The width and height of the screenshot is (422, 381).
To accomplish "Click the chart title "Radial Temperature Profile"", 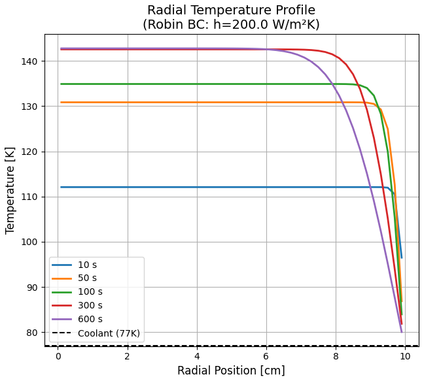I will [x=231, y=10].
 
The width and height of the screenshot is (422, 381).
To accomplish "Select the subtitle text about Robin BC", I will [x=231, y=25].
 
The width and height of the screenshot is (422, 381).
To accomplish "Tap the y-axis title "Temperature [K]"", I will [x=10, y=190].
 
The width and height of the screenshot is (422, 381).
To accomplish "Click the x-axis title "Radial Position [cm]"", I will [x=231, y=371].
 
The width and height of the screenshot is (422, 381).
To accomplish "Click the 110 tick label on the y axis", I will [x=30, y=197].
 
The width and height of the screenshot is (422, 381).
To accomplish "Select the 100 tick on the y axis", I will [x=30, y=242].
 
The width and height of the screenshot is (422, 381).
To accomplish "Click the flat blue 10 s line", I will [x=196, y=187].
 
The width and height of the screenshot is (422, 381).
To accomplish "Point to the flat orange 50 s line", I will [x=196, y=103].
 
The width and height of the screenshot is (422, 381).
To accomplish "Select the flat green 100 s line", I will [x=196, y=84].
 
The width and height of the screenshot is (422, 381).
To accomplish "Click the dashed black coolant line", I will [x=229, y=346].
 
